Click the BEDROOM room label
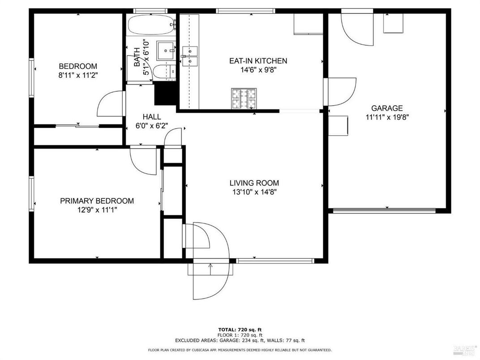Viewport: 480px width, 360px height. pos(78,66)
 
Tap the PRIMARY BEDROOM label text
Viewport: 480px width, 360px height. pos(97,201)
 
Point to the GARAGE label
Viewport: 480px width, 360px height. pos(387,108)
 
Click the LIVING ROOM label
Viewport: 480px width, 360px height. pos(254,183)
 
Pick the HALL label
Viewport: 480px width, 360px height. pos(151,117)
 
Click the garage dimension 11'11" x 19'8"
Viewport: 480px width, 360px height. pos(387,117)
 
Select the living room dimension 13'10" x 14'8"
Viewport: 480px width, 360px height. pos(254,192)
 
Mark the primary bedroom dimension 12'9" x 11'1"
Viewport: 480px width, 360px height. pos(97,210)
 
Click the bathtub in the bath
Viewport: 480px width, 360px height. pos(151,26)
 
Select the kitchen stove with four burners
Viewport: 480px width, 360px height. pos(244,99)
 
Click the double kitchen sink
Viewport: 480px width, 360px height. pos(190,56)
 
